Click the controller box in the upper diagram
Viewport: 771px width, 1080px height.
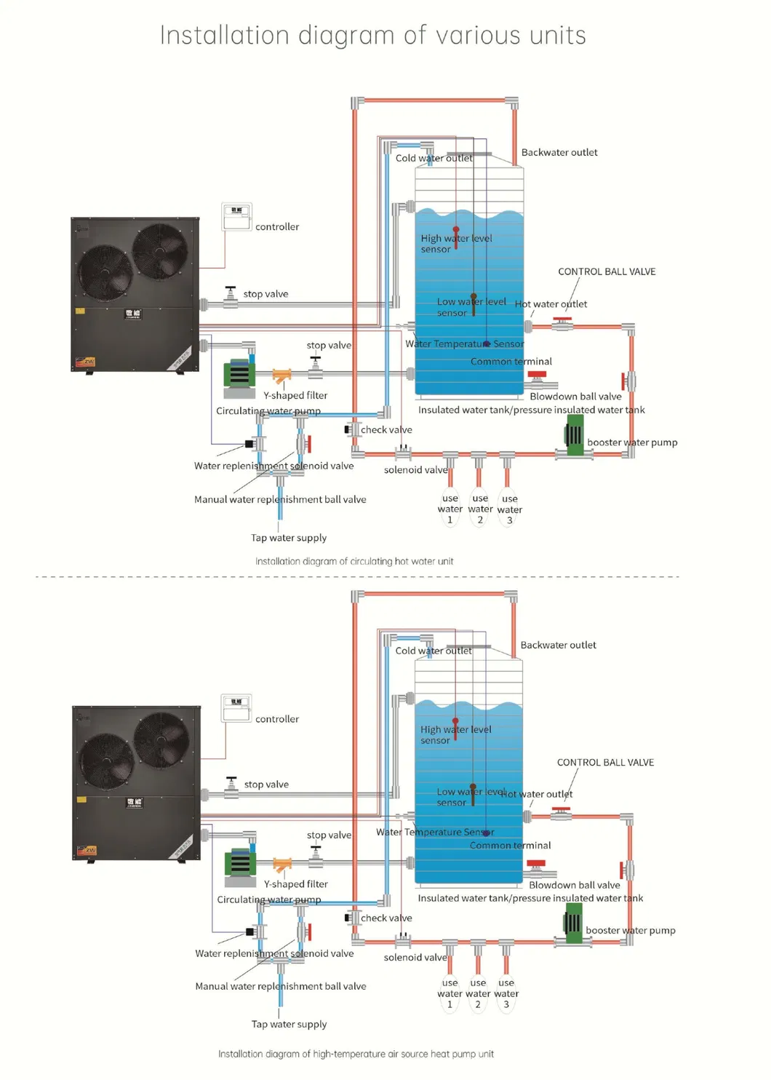pos(236,217)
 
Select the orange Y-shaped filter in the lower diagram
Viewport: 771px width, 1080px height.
pos(282,865)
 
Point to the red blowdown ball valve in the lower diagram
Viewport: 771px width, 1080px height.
pos(538,866)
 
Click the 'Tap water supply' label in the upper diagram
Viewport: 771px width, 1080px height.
pos(289,538)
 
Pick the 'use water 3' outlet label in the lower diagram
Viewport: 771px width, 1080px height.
pos(506,993)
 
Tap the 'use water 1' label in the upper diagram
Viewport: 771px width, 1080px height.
pos(450,509)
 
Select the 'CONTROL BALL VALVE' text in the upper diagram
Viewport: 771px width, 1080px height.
pos(607,271)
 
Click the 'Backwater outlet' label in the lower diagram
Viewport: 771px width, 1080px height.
pos(558,645)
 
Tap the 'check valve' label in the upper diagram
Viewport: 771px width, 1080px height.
pos(386,430)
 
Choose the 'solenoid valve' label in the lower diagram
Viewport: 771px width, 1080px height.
pos(415,957)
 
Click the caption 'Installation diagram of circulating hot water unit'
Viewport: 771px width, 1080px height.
pos(354,561)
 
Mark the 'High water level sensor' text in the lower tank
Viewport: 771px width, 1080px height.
pos(455,734)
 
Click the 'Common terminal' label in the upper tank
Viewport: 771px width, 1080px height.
pos(511,361)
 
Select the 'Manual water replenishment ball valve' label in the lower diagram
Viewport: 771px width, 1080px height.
pos(281,986)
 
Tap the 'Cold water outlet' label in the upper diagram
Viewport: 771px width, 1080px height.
pos(434,158)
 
